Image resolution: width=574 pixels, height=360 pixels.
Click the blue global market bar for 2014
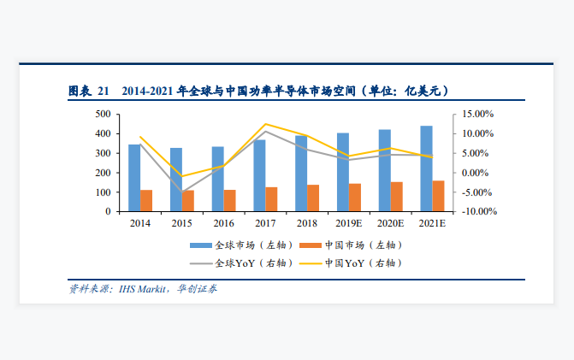pyautogui.click(x=134, y=178)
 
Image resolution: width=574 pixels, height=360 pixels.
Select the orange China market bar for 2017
pyautogui.click(x=271, y=199)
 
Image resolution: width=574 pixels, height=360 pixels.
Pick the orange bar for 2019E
pyautogui.click(x=354, y=198)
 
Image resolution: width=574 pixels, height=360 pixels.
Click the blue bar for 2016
pyautogui.click(x=217, y=179)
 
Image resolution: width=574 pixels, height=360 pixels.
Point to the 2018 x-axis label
pyautogui.click(x=306, y=223)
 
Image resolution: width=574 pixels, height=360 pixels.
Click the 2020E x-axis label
pyautogui.click(x=390, y=223)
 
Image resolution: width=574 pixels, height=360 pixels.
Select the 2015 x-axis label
pyautogui.click(x=181, y=223)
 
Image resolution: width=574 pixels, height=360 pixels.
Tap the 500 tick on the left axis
pyautogui.click(x=101, y=114)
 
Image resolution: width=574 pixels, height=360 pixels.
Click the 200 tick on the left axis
pyautogui.click(x=101, y=173)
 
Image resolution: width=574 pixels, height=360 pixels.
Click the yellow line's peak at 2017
pyautogui.click(x=265, y=124)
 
